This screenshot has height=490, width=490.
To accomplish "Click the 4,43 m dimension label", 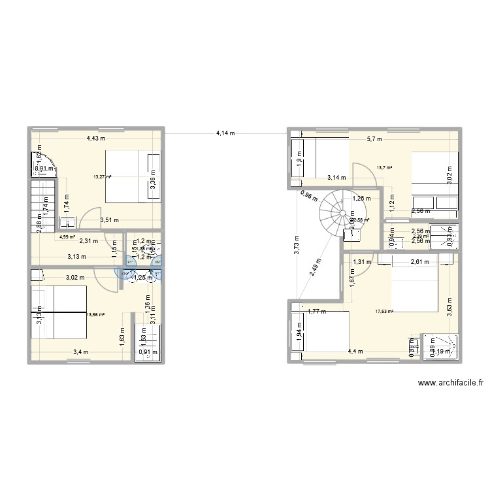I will point(97,139).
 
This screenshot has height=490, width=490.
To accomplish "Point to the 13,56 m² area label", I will point(95,314).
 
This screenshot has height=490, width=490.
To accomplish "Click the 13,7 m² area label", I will point(384,168).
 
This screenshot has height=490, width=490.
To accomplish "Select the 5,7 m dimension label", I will point(374,139).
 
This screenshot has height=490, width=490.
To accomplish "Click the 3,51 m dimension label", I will point(109,220).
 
